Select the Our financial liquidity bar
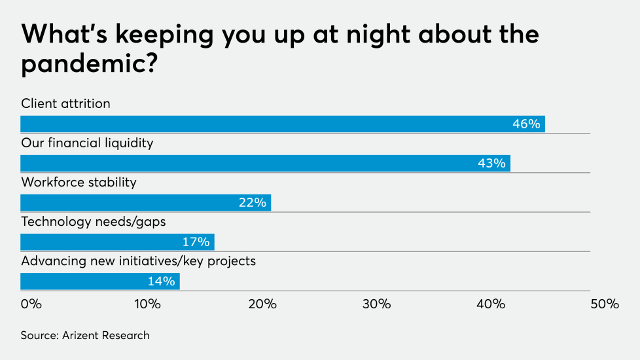click(x=265, y=164)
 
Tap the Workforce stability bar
click(x=145, y=203)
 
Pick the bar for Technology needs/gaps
click(x=117, y=242)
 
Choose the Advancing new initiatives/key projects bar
click(x=100, y=281)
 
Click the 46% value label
click(x=526, y=124)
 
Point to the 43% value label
click(x=491, y=164)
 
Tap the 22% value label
click(x=252, y=203)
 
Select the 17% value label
click(x=196, y=242)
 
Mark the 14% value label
click(x=161, y=281)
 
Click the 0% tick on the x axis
click(x=31, y=304)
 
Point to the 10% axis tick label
click(x=147, y=304)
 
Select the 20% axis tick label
click(x=262, y=304)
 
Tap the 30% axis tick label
click(x=376, y=304)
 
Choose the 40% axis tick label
click(x=491, y=304)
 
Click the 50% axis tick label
click(x=605, y=304)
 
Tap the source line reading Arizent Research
click(x=85, y=336)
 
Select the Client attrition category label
click(x=65, y=104)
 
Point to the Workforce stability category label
click(x=79, y=183)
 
